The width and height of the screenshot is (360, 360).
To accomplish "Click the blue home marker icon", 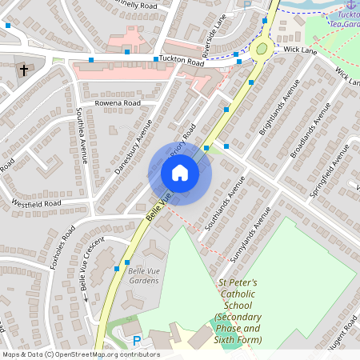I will tap(179, 173).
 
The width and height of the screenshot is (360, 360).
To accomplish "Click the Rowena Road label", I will tap(118, 103).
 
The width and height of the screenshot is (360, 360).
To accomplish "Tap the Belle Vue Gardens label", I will tap(144, 276).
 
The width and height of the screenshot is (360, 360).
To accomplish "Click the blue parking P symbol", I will tap(136, 340).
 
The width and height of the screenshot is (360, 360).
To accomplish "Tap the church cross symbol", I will tap(23, 70).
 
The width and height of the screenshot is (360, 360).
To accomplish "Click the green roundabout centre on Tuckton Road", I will tap(261, 50).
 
